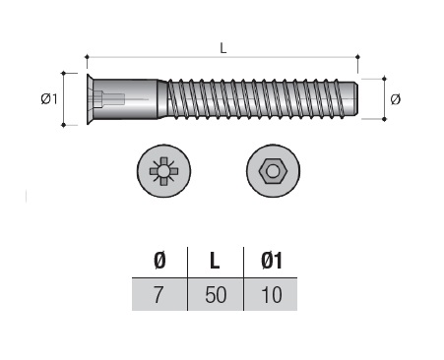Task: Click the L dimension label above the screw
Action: point(223,48)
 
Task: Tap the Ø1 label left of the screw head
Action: point(49,98)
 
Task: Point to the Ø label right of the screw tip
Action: point(396,99)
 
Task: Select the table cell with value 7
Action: point(159,294)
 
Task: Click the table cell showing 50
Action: point(216,294)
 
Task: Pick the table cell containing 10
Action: point(271,294)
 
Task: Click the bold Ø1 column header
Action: point(272,261)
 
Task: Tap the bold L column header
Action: point(215,262)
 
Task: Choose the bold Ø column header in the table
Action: point(159,261)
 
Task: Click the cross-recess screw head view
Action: point(163,171)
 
